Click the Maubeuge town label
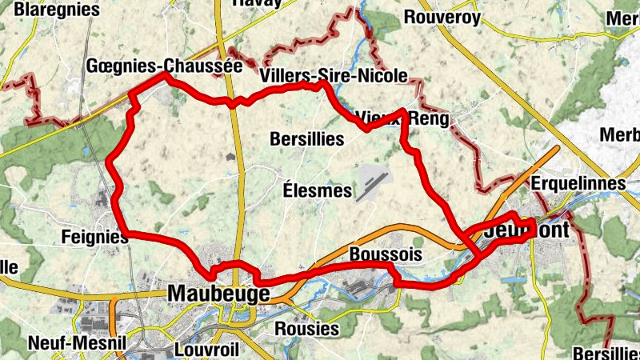[x=218, y=294]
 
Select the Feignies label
[x=94, y=237]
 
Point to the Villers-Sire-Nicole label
[x=334, y=76]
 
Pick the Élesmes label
[x=318, y=190]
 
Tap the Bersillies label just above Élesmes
[x=306, y=139]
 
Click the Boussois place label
[x=386, y=254]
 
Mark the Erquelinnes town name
[x=578, y=184]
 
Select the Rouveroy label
[x=442, y=17]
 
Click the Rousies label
[x=308, y=329]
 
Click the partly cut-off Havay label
[x=256, y=3]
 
